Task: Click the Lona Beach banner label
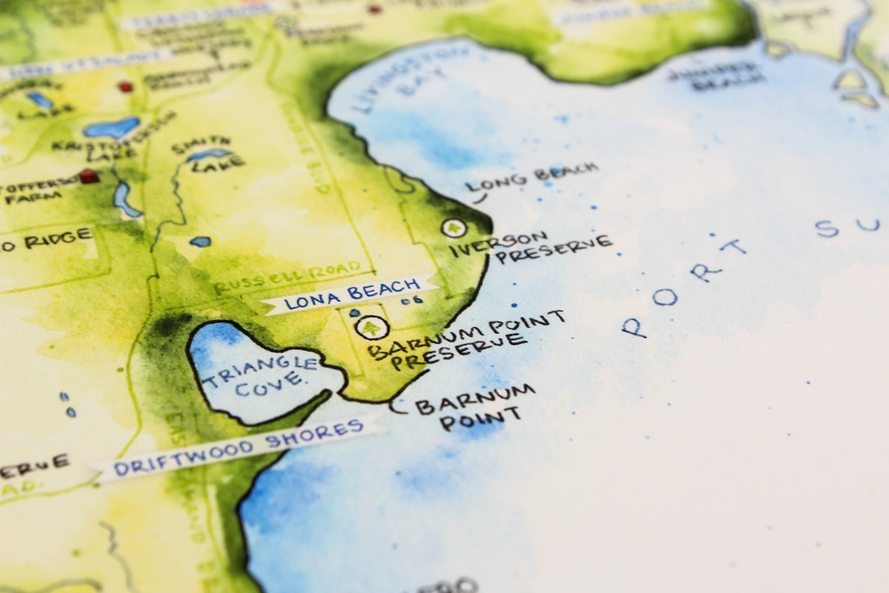point(349,295)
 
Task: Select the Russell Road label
point(289,276)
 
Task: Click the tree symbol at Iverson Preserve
point(453,228)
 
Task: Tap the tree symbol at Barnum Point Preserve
point(371,328)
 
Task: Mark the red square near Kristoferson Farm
point(90,176)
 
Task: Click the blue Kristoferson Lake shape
point(111,127)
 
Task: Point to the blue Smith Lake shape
point(209,154)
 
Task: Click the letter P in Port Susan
point(633,327)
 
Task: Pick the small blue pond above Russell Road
point(200,242)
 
